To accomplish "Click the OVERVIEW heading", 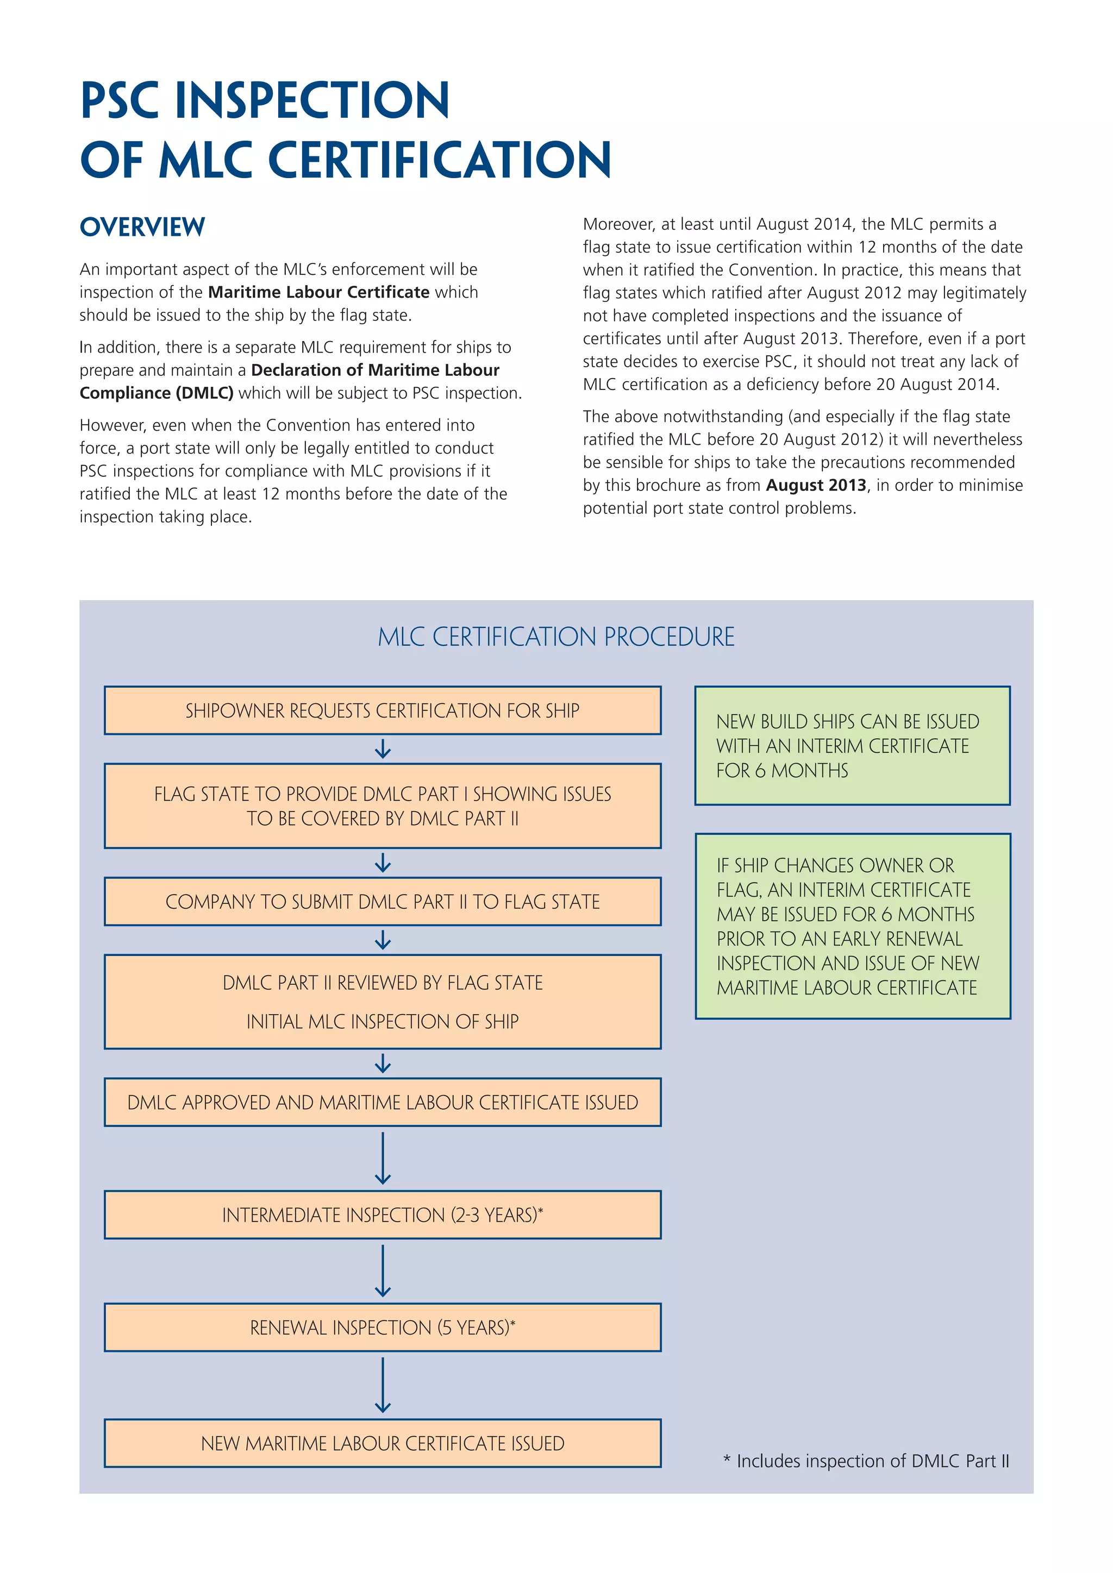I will (142, 226).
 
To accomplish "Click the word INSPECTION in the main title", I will (312, 100).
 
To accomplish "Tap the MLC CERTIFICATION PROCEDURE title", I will (556, 637).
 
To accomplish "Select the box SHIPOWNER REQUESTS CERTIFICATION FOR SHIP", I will (383, 710).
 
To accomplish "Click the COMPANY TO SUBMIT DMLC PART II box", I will (383, 902).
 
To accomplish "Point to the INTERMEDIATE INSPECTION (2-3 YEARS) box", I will (383, 1215).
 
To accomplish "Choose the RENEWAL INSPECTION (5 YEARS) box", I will (383, 1327).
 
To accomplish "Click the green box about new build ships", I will (852, 745).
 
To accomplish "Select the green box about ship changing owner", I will (852, 926).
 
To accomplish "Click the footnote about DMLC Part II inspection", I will (866, 1461).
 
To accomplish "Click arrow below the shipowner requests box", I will (383, 749).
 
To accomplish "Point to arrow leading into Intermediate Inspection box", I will (383, 1159).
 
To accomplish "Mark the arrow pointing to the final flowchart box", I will (383, 1385).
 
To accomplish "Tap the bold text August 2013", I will (816, 485).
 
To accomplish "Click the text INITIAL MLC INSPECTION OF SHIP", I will (383, 1022).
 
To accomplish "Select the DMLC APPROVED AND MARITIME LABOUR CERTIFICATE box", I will (383, 1102).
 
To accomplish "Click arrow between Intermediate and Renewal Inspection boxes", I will (383, 1271).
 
